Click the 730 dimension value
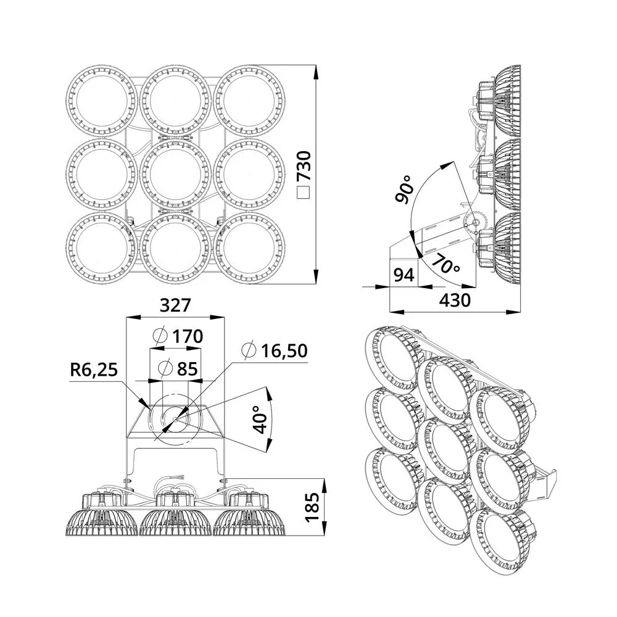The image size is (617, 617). tap(305, 165)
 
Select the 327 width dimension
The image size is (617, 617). tap(175, 305)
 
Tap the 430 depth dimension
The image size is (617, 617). tap(455, 300)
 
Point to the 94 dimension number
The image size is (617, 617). tap(404, 275)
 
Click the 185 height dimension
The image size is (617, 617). tap(313, 507)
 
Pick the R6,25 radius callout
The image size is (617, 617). tap(94, 370)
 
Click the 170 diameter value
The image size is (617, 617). tap(188, 336)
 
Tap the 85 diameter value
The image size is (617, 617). tap(187, 369)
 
